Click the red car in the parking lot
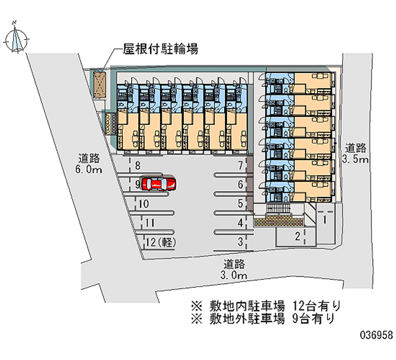[158, 183]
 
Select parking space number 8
[137, 166]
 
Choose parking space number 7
[240, 166]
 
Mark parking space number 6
[240, 185]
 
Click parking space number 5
[240, 203]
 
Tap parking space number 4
[240, 223]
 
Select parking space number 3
[240, 242]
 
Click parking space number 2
[297, 236]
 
